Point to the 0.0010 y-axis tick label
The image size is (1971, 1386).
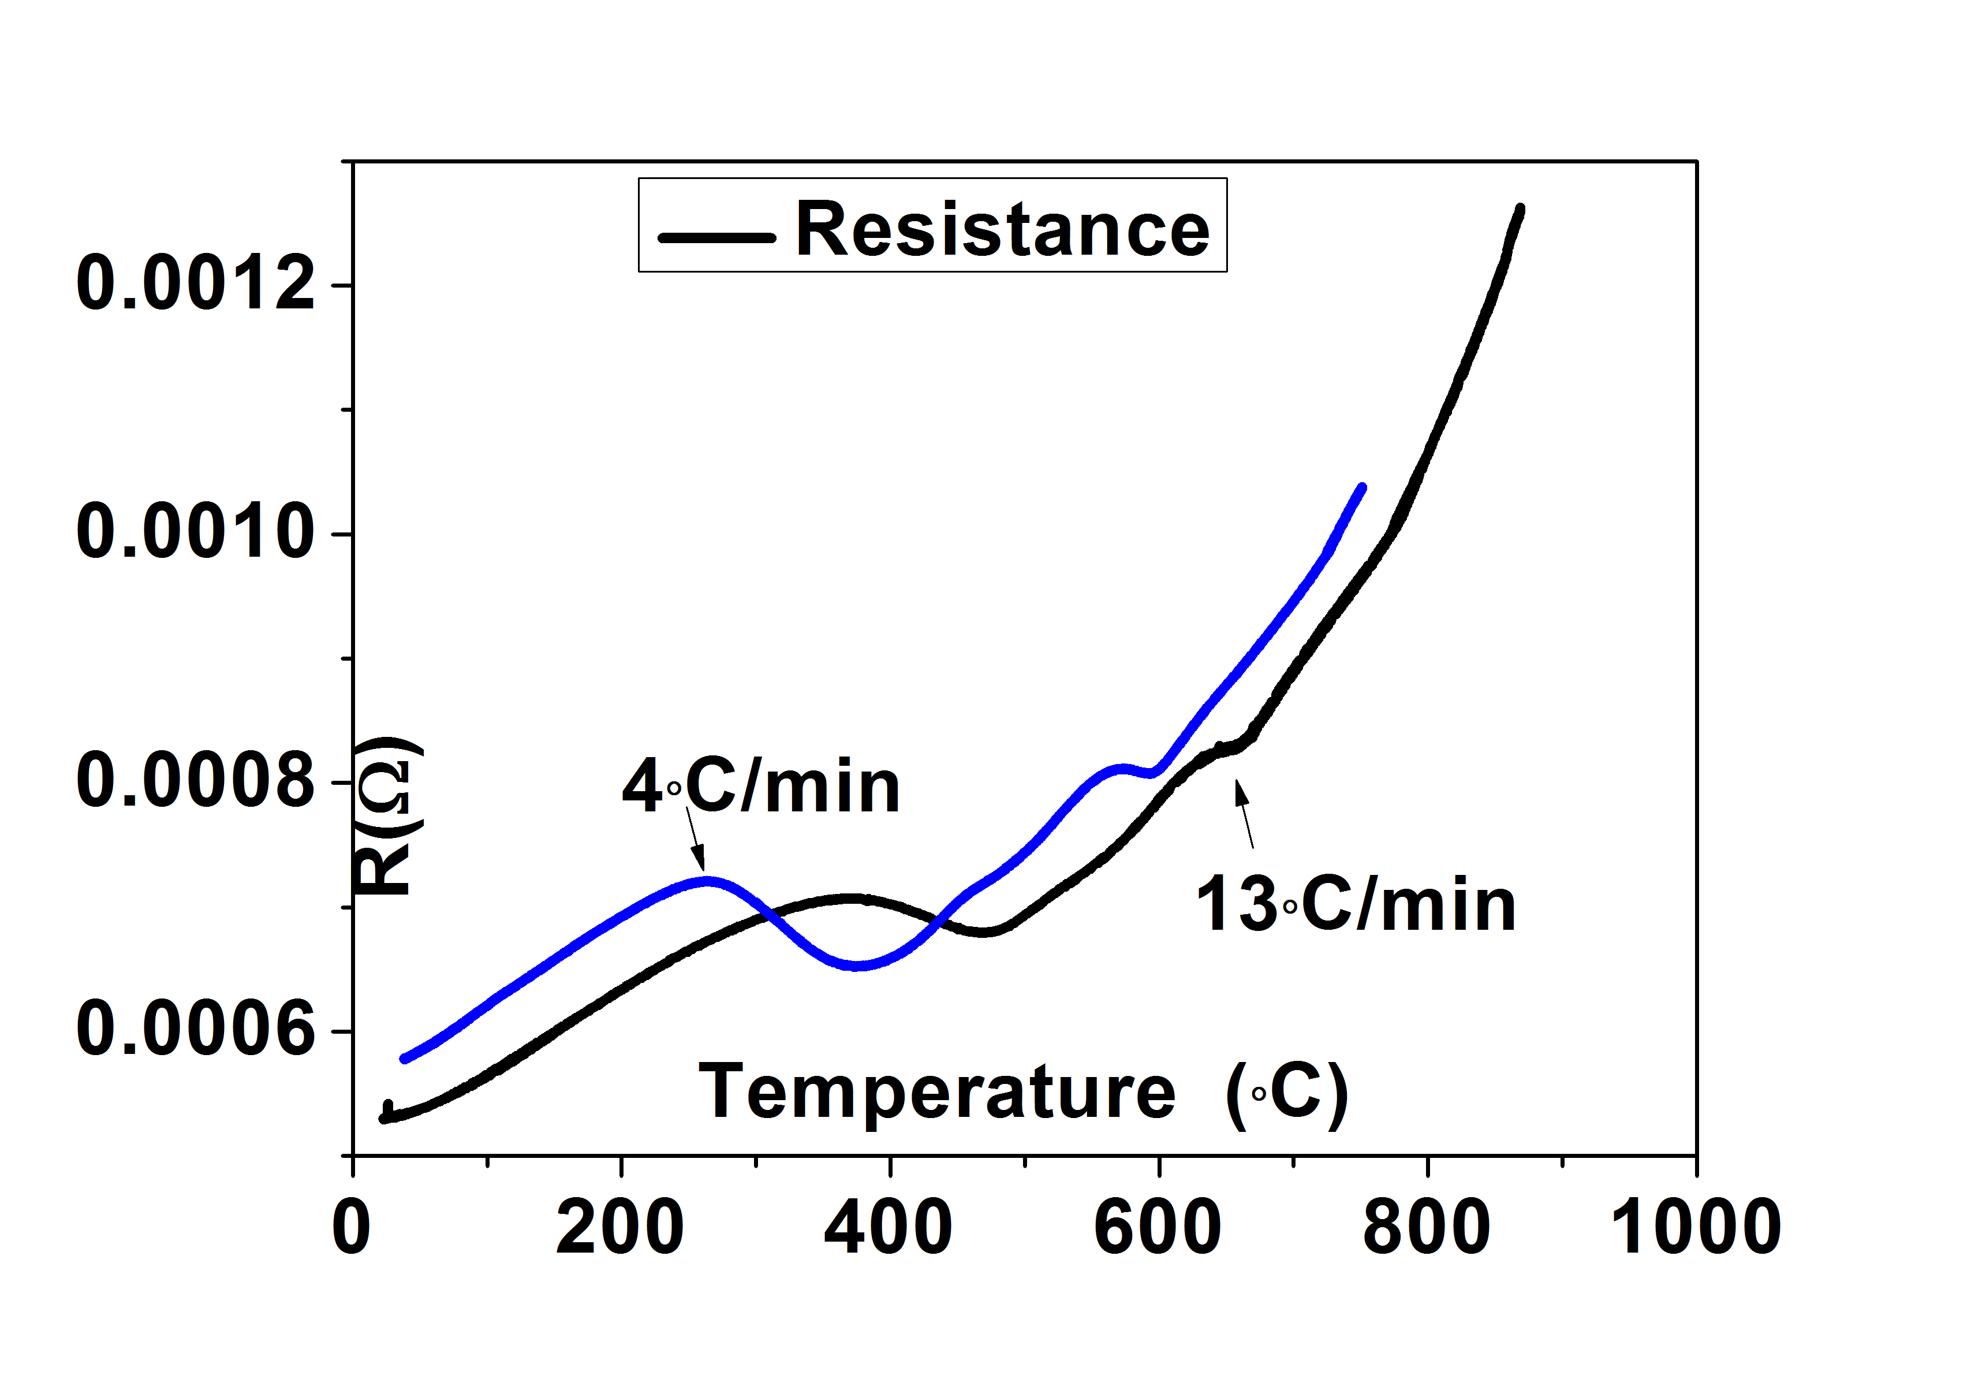pos(196,532)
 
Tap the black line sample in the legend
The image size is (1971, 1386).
pos(717,237)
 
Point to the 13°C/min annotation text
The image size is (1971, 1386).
pos(1356,904)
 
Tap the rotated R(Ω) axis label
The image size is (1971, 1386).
pos(388,816)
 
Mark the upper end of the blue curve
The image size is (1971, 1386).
pos(1361,488)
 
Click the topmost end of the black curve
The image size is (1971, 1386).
pos(1520,208)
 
